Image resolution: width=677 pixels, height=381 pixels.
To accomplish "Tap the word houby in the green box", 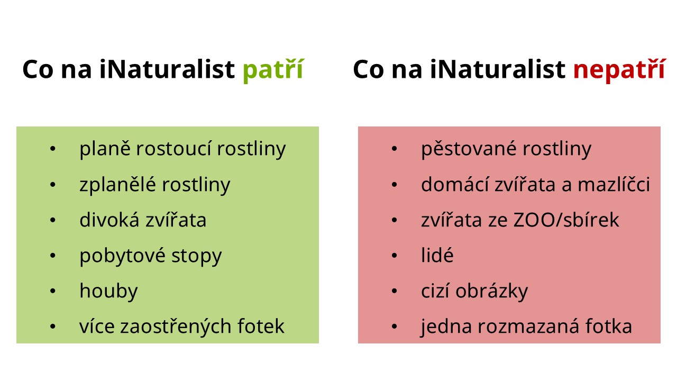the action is point(108,291).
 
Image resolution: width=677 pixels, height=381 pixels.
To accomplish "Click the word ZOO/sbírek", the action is point(566,220).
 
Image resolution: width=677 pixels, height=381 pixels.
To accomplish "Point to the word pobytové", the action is point(122,256).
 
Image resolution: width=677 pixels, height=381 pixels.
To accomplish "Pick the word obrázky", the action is point(492,291).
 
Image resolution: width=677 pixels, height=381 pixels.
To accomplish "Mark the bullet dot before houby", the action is point(53,291).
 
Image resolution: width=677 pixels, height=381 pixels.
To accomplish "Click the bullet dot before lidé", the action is point(395,256).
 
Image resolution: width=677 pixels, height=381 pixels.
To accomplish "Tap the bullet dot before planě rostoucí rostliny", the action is point(53,149).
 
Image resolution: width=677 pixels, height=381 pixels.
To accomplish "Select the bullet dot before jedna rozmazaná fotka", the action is point(395,326).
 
